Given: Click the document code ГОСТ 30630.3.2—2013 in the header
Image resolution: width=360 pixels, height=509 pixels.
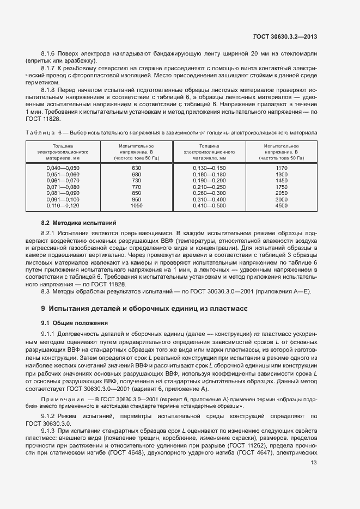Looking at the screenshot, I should point(285,37).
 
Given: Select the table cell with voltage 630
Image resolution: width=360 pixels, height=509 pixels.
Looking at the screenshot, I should point(136,168).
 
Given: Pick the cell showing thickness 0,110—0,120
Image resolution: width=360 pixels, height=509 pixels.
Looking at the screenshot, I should point(63,206).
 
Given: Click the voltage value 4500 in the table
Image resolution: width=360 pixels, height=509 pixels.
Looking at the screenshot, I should point(281,206).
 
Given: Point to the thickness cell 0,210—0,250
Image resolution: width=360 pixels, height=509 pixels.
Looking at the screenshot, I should point(209,187).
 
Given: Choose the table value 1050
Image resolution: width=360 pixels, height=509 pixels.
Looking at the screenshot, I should point(136,206).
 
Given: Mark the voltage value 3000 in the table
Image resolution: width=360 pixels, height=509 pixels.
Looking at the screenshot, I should point(281,200).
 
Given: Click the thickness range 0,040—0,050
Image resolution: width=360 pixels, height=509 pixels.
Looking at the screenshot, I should point(63,168).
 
